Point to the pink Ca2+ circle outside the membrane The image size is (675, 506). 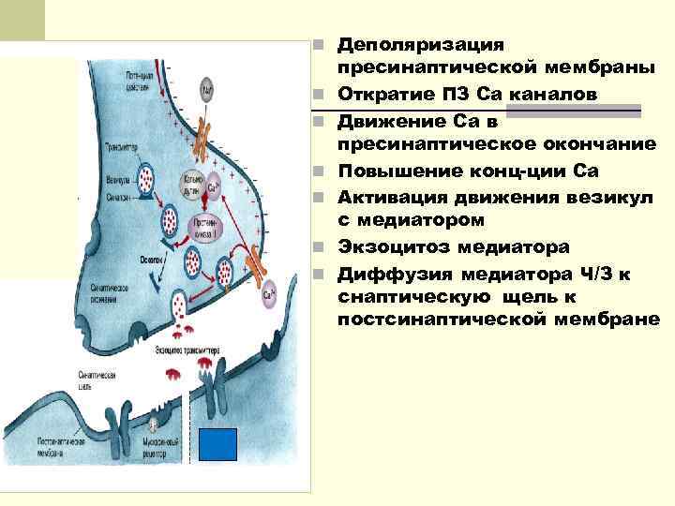point(269,294)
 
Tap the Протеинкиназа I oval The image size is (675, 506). point(203,226)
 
